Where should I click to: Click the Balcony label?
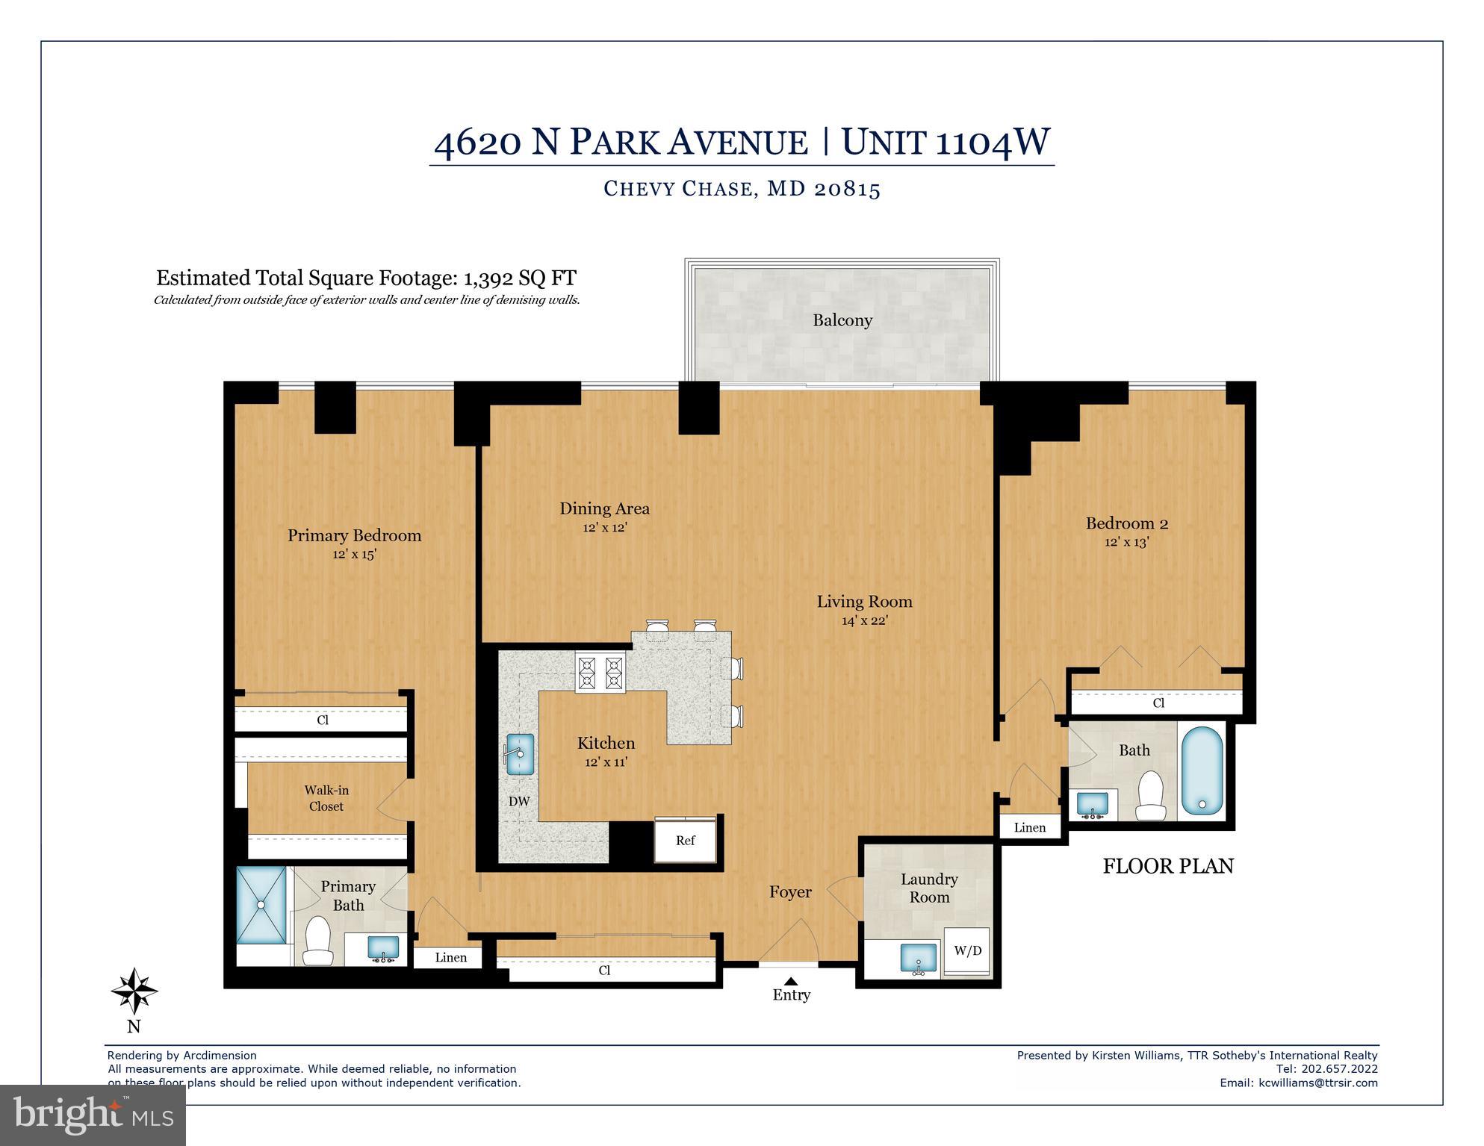coord(842,320)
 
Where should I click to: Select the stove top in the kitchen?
coord(600,673)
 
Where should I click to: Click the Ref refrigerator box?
coord(686,840)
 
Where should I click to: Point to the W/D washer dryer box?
coord(967,950)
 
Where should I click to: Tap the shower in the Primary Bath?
coord(261,904)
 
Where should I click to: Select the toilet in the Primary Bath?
coord(318,941)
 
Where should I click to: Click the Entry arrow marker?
coord(791,980)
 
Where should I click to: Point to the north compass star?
coord(134,991)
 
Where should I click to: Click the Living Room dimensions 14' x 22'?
coord(864,620)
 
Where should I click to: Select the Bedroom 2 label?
coord(1126,523)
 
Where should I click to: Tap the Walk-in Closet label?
coord(326,798)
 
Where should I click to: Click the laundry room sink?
coord(919,959)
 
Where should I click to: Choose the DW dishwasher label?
coord(519,801)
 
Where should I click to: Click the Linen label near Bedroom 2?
coord(1030,827)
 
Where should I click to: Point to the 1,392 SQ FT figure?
coord(520,278)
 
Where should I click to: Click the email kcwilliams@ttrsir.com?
coord(1317,1083)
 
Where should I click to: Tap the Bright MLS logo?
coord(93,1115)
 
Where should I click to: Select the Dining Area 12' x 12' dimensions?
coord(604,527)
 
